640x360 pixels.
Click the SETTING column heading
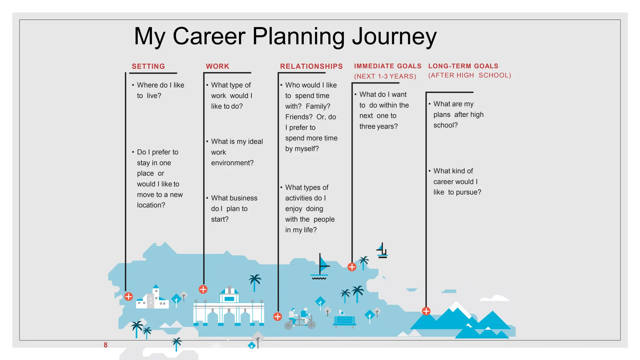pos(148,66)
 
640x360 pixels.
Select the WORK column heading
pos(217,66)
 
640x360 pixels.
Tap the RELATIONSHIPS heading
pos(311,66)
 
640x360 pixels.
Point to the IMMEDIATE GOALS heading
pos(387,66)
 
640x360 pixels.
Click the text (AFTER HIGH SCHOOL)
pos(469,75)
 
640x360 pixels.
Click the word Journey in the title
pos(394,36)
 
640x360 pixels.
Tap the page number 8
pos(106,345)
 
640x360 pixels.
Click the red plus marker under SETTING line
pos(128,297)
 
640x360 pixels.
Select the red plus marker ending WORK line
pos(203,289)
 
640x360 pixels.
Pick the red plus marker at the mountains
pos(426,311)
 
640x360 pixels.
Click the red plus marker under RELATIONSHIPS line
pos(277,317)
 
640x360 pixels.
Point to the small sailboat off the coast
pos(382,251)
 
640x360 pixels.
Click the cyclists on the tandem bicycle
pos(299,319)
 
